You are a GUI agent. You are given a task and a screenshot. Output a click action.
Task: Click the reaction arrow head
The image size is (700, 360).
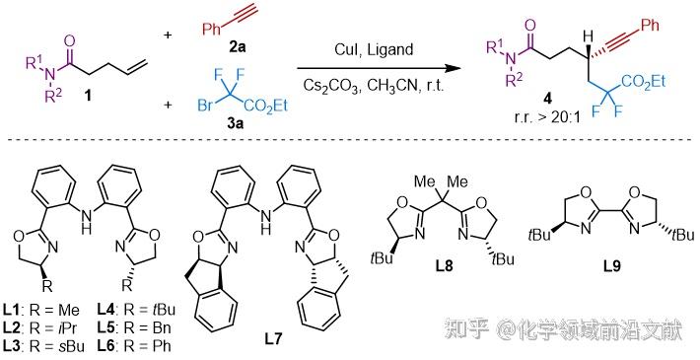(x=455, y=68)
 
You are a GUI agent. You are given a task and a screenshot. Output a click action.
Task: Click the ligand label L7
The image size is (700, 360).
(x=272, y=338)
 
